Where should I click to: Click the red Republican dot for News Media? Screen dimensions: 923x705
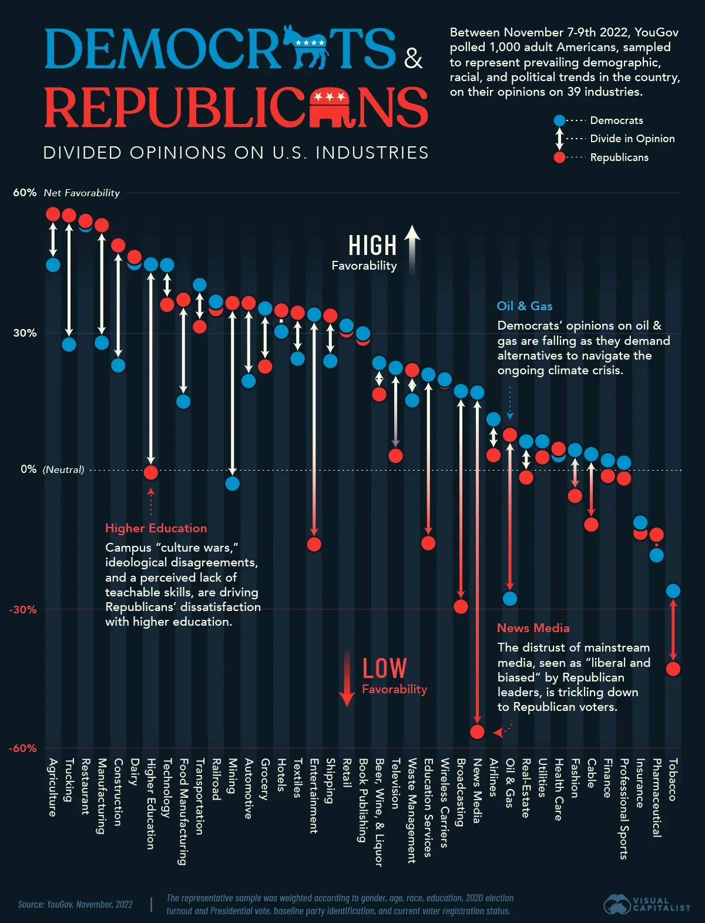tap(477, 731)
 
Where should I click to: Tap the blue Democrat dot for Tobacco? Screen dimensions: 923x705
tap(673, 591)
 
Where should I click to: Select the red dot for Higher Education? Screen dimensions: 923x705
tap(151, 472)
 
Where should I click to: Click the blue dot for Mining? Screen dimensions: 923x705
tap(233, 484)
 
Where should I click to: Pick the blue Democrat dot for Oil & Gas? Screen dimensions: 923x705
tap(510, 599)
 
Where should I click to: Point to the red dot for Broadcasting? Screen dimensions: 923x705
tap(461, 606)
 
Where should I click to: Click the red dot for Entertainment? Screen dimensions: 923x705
tap(314, 544)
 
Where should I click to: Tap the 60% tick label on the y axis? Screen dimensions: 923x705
tap(25, 193)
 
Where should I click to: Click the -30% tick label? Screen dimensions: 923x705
tap(23, 609)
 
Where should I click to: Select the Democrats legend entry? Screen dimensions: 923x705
tap(616, 120)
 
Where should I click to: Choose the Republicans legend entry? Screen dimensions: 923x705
tap(619, 157)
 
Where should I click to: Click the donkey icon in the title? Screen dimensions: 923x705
tap(305, 47)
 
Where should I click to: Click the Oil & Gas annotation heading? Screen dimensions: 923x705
tap(525, 306)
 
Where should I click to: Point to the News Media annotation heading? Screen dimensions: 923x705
tap(533, 628)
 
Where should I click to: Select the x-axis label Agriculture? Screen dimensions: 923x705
tap(53, 787)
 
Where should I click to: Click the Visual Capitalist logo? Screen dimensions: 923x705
tap(647, 904)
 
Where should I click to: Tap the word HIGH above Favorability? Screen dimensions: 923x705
tap(372, 246)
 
